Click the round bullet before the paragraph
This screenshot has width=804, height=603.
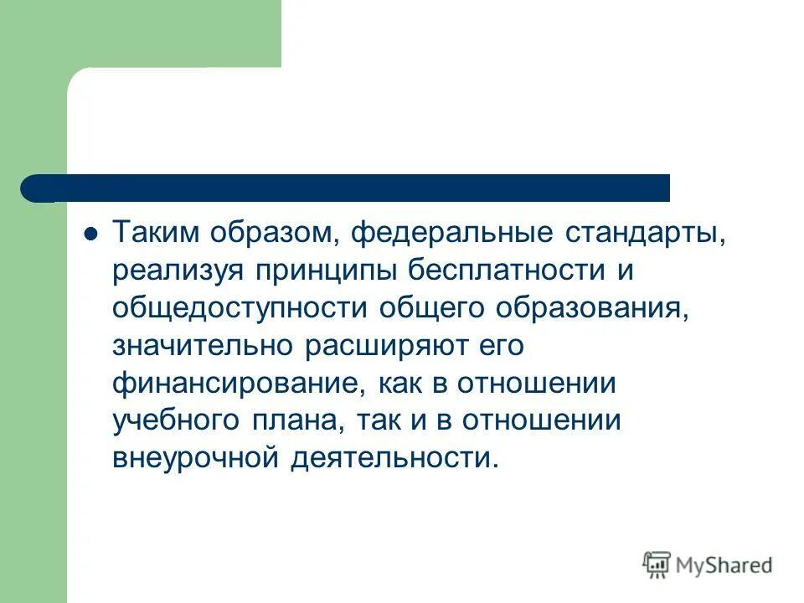pyautogui.click(x=93, y=233)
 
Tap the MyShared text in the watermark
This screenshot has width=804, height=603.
pyautogui.click(x=725, y=565)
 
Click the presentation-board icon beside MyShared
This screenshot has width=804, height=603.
pyautogui.click(x=657, y=564)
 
